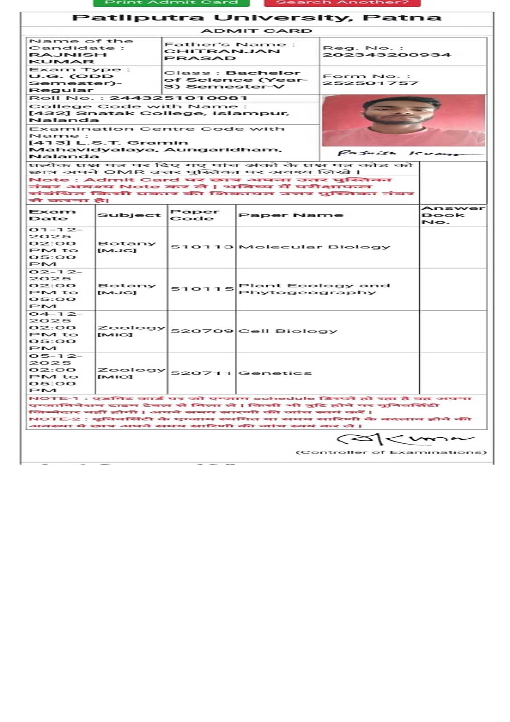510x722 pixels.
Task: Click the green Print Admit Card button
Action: click(x=171, y=3)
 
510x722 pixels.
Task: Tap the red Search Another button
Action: click(x=342, y=3)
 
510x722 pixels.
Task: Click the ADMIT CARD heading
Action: click(x=256, y=31)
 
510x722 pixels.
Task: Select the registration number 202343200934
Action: click(x=386, y=55)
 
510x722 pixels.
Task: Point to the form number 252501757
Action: click(x=371, y=83)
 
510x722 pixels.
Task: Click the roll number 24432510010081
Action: click(x=178, y=98)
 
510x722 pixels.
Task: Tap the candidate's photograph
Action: click(x=403, y=120)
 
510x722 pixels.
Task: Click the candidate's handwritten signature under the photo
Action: click(x=399, y=154)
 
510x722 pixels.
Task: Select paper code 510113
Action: click(x=202, y=247)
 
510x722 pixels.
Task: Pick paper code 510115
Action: click(x=202, y=289)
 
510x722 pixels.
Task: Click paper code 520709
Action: click(x=202, y=331)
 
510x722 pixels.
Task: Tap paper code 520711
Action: click(x=201, y=373)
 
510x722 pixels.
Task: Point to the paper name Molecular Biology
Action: click(x=314, y=247)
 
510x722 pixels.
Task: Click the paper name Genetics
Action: click(x=275, y=373)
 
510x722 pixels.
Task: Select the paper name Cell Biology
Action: click(x=287, y=331)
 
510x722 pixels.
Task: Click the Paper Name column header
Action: click(x=291, y=215)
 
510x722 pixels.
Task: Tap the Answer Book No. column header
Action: click(x=453, y=215)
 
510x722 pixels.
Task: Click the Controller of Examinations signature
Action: click(x=404, y=439)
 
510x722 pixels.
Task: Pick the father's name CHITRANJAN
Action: click(x=222, y=51)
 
